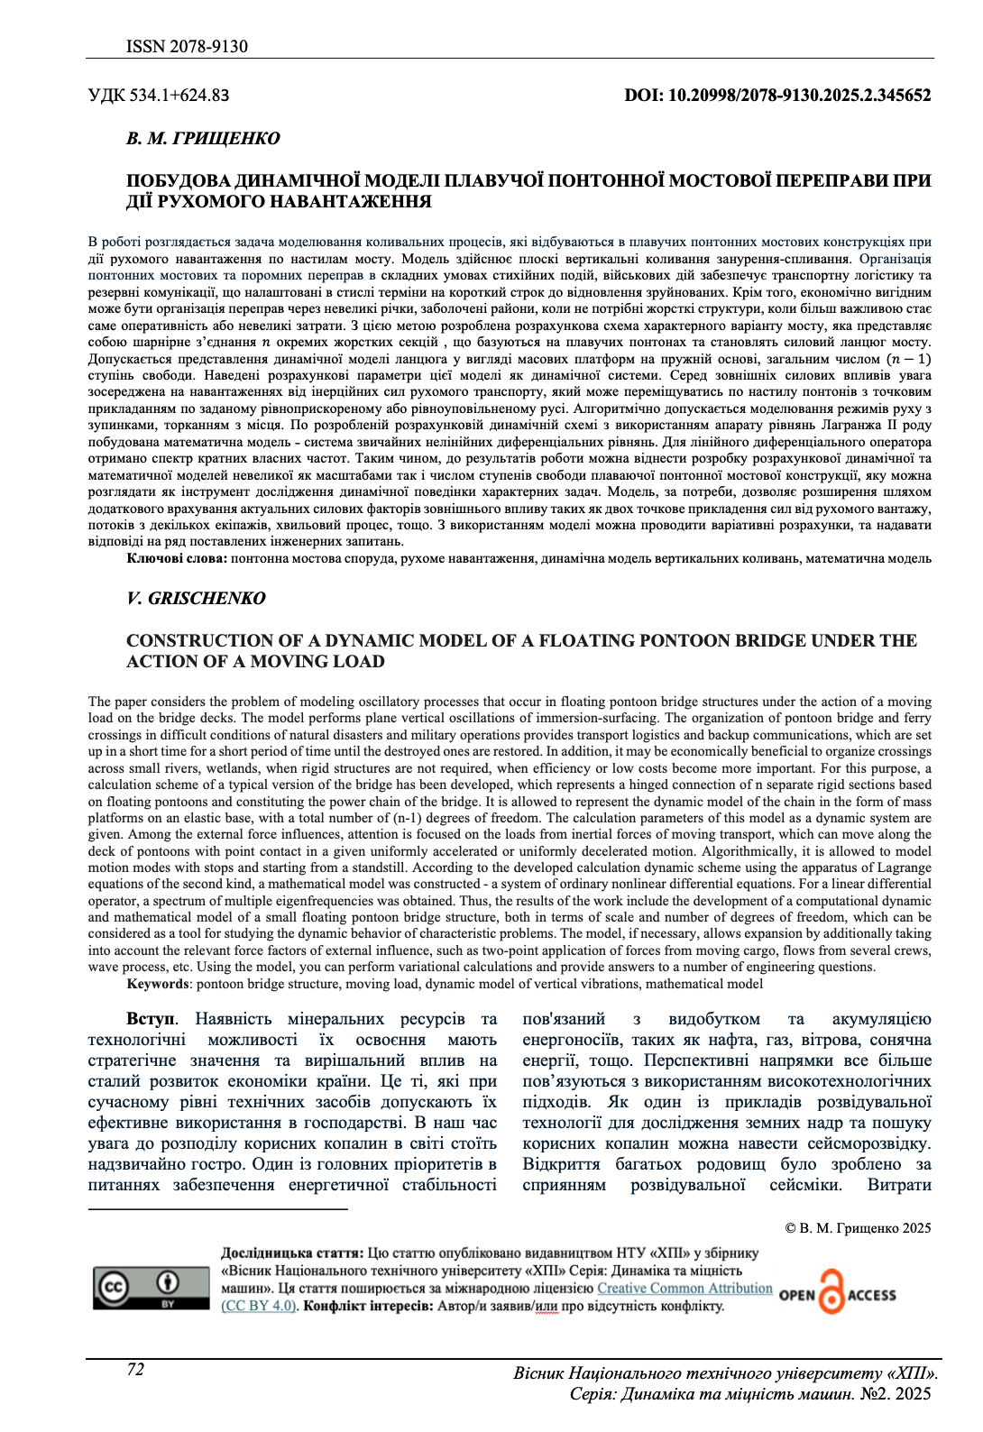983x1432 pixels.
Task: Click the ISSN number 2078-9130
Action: pyautogui.click(x=187, y=46)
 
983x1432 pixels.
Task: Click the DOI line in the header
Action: pyautogui.click(x=777, y=95)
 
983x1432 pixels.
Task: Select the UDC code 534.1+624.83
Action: pyautogui.click(x=159, y=95)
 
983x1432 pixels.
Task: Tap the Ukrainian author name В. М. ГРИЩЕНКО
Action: pyautogui.click(x=203, y=138)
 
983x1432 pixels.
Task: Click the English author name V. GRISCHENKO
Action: pyautogui.click(x=196, y=598)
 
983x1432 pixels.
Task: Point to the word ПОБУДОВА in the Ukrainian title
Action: pyautogui.click(x=175, y=180)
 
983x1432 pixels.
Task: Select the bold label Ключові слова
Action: pyautogui.click(x=177, y=558)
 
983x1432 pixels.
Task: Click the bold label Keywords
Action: pyautogui.click(x=158, y=984)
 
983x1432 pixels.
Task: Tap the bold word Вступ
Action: pyautogui.click(x=150, y=1019)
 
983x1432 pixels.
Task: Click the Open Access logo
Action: pyautogui.click(x=838, y=1294)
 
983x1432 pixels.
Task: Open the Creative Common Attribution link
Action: pyautogui.click(x=684, y=1289)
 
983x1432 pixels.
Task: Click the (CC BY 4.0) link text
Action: pyautogui.click(x=259, y=1306)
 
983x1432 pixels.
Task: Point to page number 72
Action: pyautogui.click(x=135, y=1370)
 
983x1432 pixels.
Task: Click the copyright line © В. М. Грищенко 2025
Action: pyautogui.click(x=858, y=1228)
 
